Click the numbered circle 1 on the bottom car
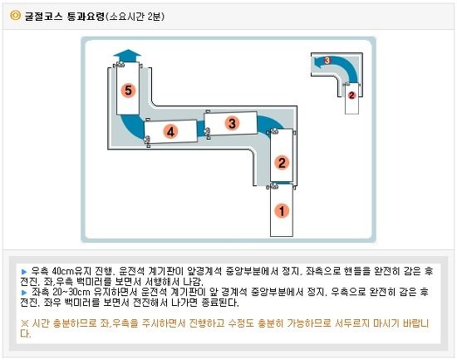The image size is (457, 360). (282, 210)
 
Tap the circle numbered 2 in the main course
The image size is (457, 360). (282, 162)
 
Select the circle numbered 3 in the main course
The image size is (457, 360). (232, 123)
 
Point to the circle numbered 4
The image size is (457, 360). (170, 131)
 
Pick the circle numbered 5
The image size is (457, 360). (128, 90)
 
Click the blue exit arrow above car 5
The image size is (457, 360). (127, 56)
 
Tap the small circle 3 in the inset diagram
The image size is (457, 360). (327, 61)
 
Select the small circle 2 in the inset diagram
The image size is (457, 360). (351, 95)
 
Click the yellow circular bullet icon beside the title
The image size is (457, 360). (15, 15)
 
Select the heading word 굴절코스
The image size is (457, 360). (43, 16)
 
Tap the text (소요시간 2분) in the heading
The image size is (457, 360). (135, 16)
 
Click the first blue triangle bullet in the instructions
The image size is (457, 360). (24, 272)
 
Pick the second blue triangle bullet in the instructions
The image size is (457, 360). (24, 293)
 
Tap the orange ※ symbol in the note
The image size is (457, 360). (25, 323)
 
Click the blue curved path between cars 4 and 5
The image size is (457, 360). (131, 126)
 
